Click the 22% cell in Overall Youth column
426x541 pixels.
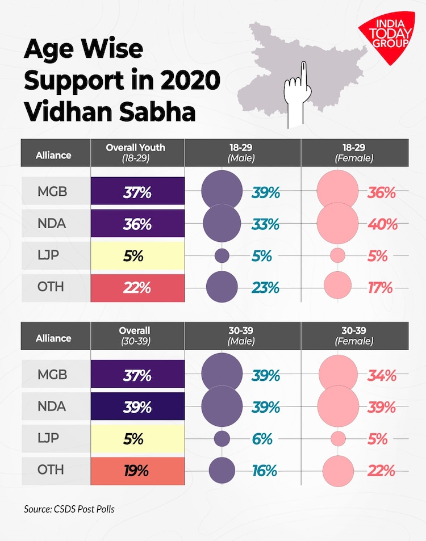[137, 287]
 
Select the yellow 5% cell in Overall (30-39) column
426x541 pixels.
[137, 439]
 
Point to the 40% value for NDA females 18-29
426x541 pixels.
[382, 224]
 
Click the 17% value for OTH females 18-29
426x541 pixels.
[379, 287]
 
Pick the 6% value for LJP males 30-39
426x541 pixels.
[263, 439]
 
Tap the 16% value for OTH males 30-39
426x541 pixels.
[263, 471]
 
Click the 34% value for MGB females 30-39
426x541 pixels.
[381, 375]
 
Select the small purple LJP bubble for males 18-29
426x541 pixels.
[222, 255]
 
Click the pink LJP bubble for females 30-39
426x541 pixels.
[338, 439]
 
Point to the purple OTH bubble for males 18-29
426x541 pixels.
[222, 287]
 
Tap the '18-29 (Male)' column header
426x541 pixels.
[241, 153]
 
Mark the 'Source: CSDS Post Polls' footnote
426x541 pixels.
[69, 509]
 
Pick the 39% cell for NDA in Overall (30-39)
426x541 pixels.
[137, 407]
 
